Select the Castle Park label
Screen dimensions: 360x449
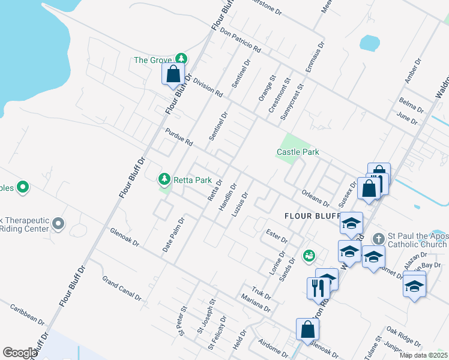click(x=298, y=152)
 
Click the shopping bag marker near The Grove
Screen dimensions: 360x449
click(x=173, y=74)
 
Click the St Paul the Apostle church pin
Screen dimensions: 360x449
click(x=378, y=239)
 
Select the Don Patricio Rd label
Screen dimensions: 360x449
click(x=240, y=40)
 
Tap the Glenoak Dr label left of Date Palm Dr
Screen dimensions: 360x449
click(x=124, y=237)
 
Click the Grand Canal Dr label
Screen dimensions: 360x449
click(x=121, y=289)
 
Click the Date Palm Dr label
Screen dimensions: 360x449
click(x=173, y=235)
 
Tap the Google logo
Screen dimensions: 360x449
click(x=20, y=353)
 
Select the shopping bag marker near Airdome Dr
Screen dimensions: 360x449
click(x=307, y=329)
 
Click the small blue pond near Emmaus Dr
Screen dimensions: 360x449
click(x=369, y=43)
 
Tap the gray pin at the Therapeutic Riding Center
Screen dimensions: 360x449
click(x=58, y=224)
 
